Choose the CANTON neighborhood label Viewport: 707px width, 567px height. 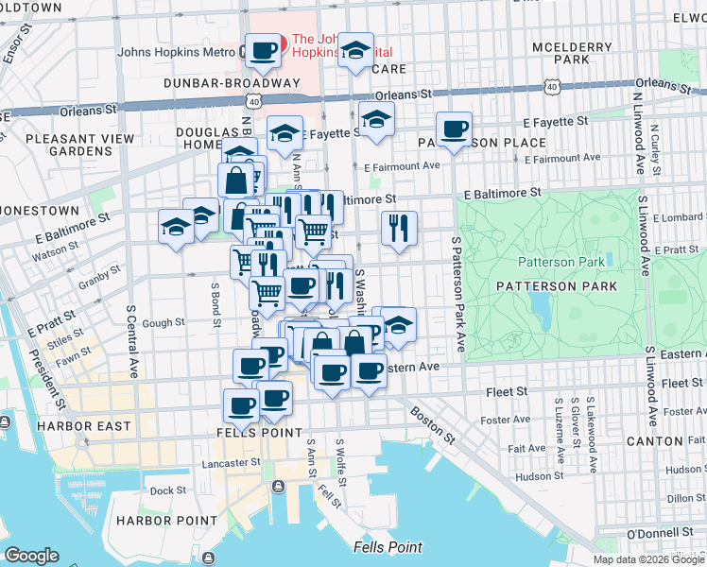pos(671,441)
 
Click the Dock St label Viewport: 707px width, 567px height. pos(167,490)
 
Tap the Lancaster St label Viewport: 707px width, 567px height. pos(230,463)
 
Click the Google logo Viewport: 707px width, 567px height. pos(32,556)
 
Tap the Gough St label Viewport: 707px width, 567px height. pos(164,322)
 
